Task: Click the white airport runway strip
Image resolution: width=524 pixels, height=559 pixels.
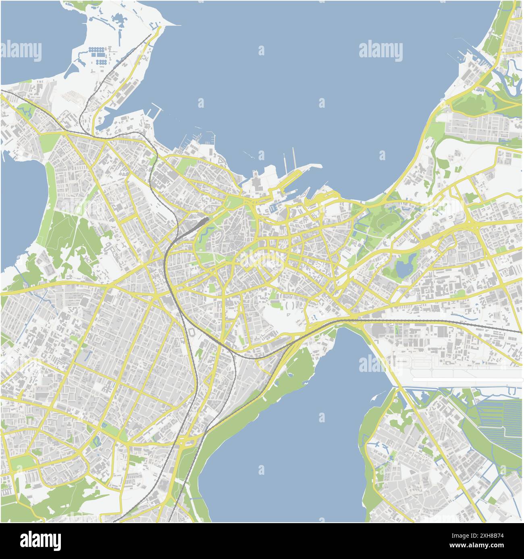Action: point(468,380)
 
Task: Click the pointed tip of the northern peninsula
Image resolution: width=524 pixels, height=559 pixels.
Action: point(177,25)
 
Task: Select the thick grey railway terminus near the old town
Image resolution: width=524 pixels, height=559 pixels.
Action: point(200,223)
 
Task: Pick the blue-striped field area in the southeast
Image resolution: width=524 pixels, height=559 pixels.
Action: point(500,419)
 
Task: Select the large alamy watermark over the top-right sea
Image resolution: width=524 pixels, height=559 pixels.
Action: point(381,52)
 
